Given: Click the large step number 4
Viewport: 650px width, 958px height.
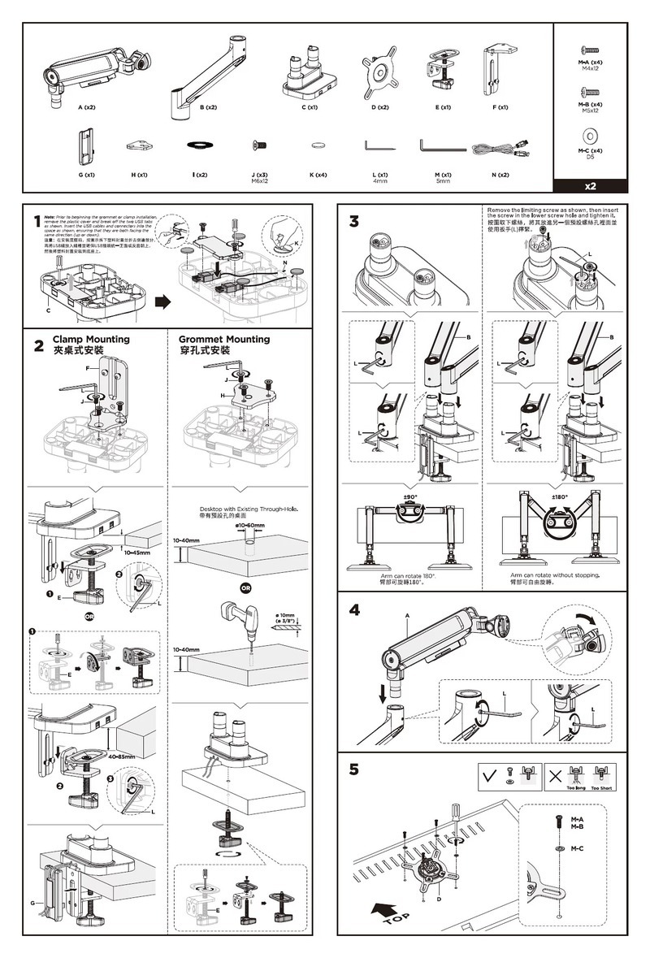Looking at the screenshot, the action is pos(353,610).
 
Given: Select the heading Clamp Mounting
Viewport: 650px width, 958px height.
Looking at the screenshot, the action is pos(91,339).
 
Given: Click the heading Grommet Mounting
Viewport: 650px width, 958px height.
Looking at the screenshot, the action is pos(223,339).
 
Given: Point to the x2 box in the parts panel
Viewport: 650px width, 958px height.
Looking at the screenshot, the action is pos(589,185).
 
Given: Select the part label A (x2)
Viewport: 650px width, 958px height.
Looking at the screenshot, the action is pos(87,107).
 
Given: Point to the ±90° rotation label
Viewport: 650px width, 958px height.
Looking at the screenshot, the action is pos(410,496).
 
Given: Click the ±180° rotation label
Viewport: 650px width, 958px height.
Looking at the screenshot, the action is pos(560,496).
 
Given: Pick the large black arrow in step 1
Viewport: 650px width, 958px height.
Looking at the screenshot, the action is pos(163,301).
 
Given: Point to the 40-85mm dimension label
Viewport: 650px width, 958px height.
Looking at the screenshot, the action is pos(121,756).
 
